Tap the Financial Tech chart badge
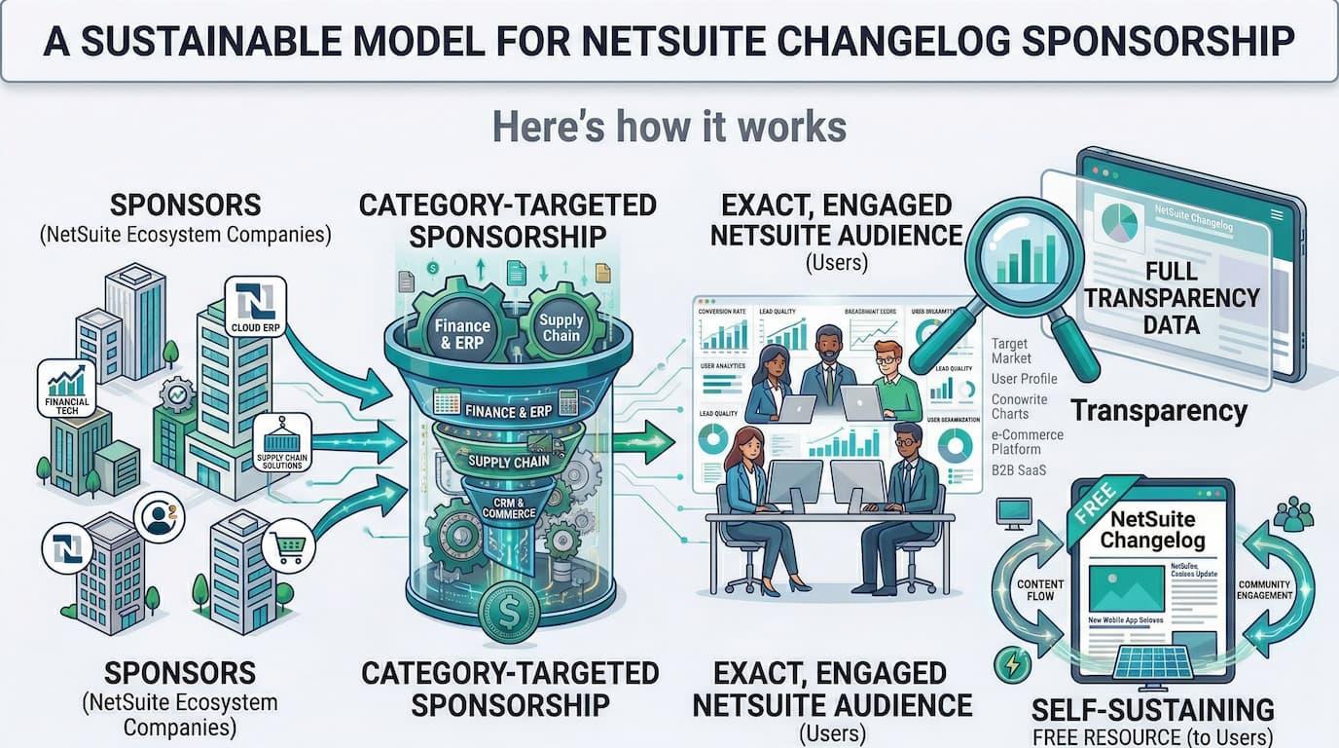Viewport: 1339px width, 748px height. click(x=67, y=389)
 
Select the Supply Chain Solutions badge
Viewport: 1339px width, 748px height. click(x=281, y=443)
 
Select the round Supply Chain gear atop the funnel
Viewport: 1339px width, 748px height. click(x=561, y=326)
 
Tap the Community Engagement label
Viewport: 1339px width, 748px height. click(x=1265, y=589)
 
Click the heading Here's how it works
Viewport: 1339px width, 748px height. click(x=669, y=127)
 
